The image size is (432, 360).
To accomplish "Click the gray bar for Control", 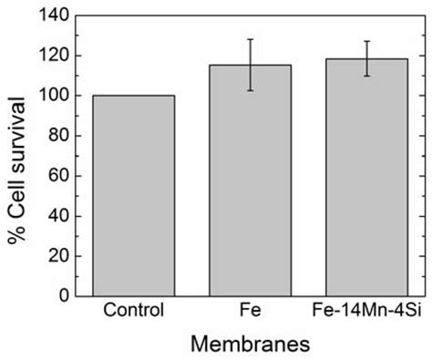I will [135, 195].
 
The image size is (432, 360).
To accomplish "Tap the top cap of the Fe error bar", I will [251, 39].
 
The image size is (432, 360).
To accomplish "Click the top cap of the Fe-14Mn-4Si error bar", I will [366, 41].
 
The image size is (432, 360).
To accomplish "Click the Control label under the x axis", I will [135, 311].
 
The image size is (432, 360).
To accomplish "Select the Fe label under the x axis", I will [251, 311].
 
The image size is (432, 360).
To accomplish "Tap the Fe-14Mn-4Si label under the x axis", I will [366, 311].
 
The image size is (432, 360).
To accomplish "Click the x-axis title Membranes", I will [251, 344].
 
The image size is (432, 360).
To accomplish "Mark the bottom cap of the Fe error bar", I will [251, 90].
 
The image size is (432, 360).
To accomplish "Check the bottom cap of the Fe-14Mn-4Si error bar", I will [366, 76].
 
